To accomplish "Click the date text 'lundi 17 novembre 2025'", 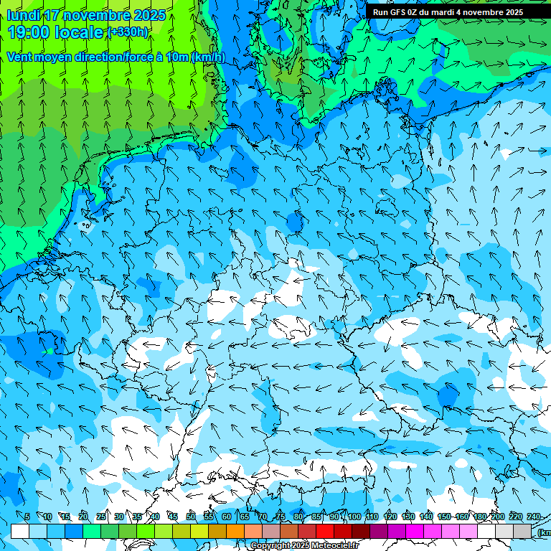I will (86, 16).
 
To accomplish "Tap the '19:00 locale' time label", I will (56, 32).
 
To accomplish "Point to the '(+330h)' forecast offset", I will (128, 32).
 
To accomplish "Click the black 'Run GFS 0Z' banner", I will (458, 11).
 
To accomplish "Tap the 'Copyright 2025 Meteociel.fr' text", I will (305, 546).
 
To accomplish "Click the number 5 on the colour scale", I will (27, 517).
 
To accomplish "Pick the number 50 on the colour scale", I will (191, 517).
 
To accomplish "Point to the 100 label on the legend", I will (354, 517).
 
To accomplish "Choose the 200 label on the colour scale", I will (497, 517).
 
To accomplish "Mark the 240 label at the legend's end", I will (533, 517).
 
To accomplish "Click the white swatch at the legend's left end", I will (20, 531).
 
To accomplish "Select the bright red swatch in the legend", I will (325, 531).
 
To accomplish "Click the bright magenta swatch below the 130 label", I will (415, 531).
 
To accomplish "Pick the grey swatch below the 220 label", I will (522, 531).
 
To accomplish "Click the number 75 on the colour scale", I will (281, 517).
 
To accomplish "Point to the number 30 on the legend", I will (119, 517).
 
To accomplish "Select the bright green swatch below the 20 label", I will (92, 531).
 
